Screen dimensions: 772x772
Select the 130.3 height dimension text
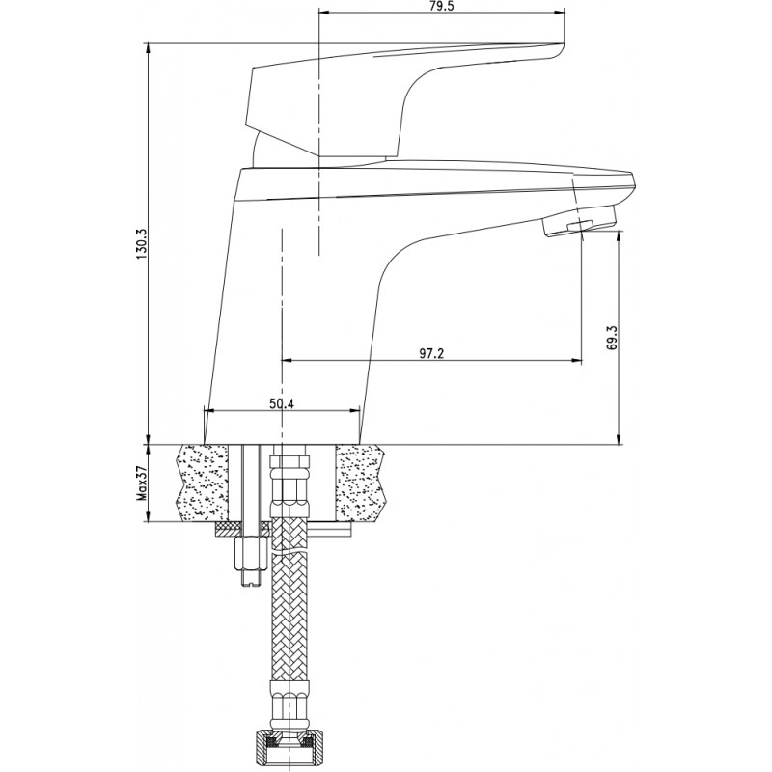pos(141,245)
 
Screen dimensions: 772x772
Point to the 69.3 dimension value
pos(612,337)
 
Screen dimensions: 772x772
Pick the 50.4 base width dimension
pos(281,403)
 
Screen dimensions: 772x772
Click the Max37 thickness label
pos(142,483)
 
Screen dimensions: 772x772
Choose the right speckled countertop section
pos(359,483)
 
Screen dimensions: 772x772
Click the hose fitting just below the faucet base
pos(289,481)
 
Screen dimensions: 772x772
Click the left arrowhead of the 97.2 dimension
pos(287,360)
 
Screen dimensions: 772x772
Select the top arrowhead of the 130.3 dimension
pos(149,48)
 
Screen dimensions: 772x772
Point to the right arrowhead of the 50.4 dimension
pos(354,411)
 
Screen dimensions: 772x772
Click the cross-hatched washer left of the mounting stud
pos(227,529)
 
